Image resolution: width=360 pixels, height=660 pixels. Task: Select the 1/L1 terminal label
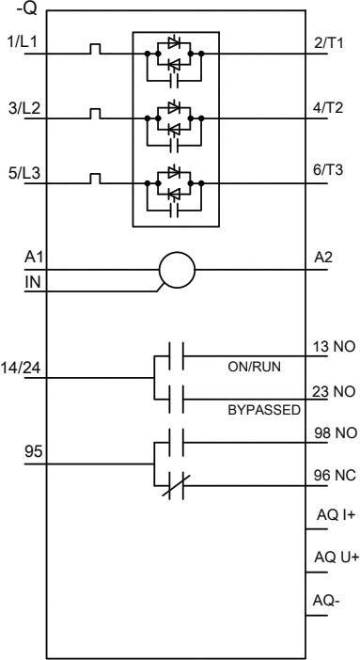(x=18, y=44)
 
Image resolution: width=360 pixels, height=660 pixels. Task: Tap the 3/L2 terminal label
(x=18, y=110)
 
